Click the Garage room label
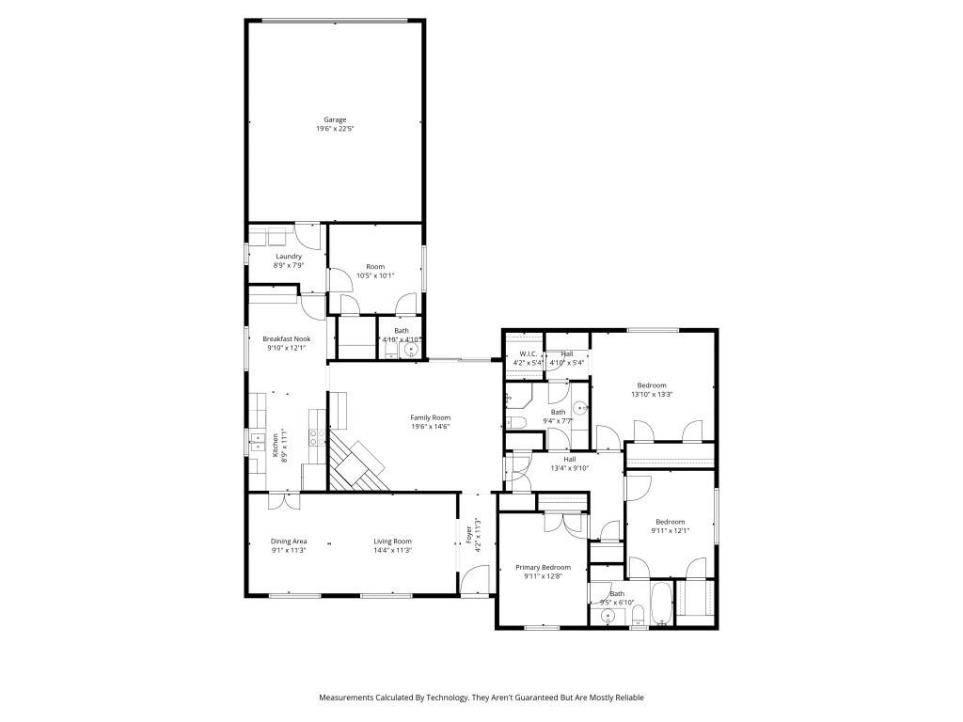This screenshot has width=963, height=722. [x=336, y=119]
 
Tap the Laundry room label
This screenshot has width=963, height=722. [x=288, y=256]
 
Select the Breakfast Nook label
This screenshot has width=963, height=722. [x=287, y=338]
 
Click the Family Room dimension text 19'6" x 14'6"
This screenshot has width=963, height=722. [x=431, y=426]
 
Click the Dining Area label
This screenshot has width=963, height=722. [x=289, y=541]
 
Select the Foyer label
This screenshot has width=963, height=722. [x=468, y=536]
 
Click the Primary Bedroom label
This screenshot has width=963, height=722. [x=543, y=567]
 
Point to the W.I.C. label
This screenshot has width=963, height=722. [x=524, y=353]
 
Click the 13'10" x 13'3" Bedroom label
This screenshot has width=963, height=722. [x=652, y=385]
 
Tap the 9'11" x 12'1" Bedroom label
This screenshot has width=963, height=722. [x=671, y=522]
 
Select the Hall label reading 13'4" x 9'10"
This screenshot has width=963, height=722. [x=569, y=459]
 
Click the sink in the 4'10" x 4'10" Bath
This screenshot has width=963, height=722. [x=410, y=349]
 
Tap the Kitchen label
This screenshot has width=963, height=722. [x=276, y=447]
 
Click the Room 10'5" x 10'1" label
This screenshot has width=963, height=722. [x=375, y=267]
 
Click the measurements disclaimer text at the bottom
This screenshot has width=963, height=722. [x=481, y=698]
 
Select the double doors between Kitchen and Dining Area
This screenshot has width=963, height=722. [x=284, y=500]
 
